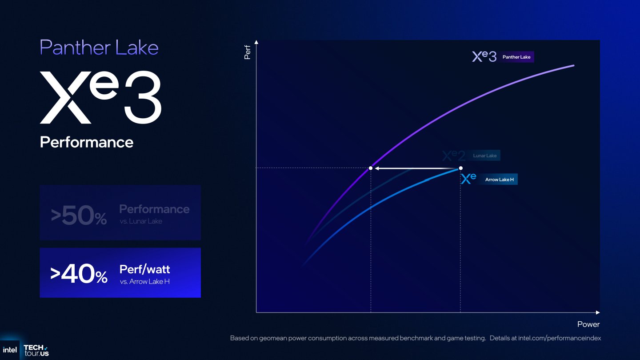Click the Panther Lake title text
[99, 48]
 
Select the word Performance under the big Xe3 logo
[87, 142]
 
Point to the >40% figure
[79, 274]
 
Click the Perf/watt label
[144, 269]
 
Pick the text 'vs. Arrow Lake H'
[144, 281]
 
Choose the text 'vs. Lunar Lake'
[141, 221]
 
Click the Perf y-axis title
[248, 52]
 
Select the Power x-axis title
[588, 324]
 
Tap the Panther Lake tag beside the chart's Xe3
[516, 57]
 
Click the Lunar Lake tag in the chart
[484, 156]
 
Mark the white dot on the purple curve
[371, 168]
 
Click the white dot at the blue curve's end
[460, 168]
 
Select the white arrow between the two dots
[416, 168]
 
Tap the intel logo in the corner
[10, 350]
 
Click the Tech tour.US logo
[36, 350]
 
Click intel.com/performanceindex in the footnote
[559, 338]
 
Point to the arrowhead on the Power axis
[598, 312]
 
